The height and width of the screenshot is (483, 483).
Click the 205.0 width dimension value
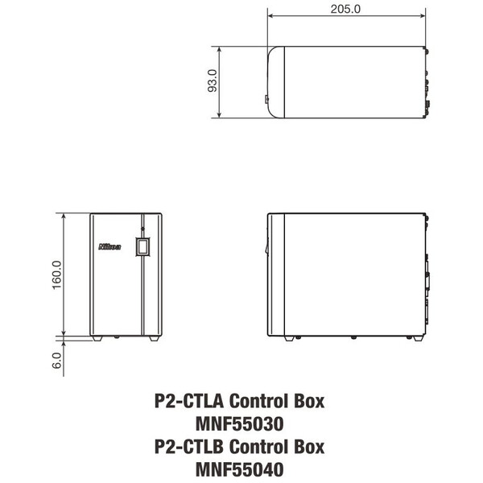click(x=345, y=10)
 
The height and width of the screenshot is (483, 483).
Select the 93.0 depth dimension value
click(x=213, y=81)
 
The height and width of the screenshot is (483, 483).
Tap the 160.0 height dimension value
click(x=57, y=275)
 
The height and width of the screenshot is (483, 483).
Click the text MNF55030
click(x=238, y=423)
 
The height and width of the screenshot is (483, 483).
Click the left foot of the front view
click(x=97, y=337)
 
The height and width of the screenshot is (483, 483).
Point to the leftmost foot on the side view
click(x=291, y=337)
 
